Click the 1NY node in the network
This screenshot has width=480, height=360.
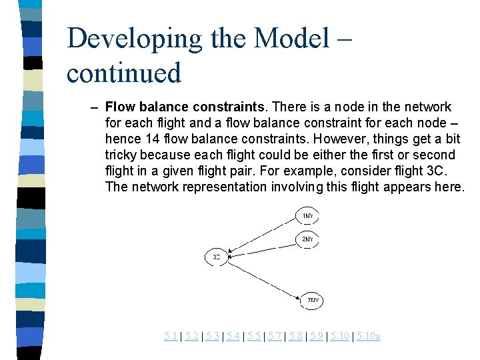pos(307,217)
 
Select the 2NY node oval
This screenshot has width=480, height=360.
pos(307,239)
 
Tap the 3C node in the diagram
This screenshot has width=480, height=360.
pos(216,257)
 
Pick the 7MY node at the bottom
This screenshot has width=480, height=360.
pos(313,301)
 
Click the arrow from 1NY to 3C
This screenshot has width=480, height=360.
pos(261,235)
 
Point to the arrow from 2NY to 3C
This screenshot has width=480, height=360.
pos(261,246)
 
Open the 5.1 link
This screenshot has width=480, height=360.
pos(171,337)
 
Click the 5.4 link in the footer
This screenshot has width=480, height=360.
pos(233,337)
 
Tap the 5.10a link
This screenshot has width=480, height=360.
pos(369,337)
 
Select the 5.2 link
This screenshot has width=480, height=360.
pos(191,337)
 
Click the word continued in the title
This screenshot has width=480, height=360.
pos(124,72)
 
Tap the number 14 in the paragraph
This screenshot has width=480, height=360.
pos(151,139)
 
